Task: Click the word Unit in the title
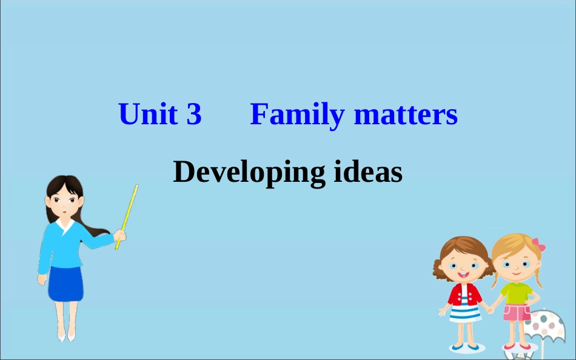pos(147,115)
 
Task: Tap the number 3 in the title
pos(194,115)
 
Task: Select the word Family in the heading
pos(296,115)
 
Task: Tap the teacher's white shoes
pos(66,335)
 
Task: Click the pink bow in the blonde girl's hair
pos(538,245)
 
